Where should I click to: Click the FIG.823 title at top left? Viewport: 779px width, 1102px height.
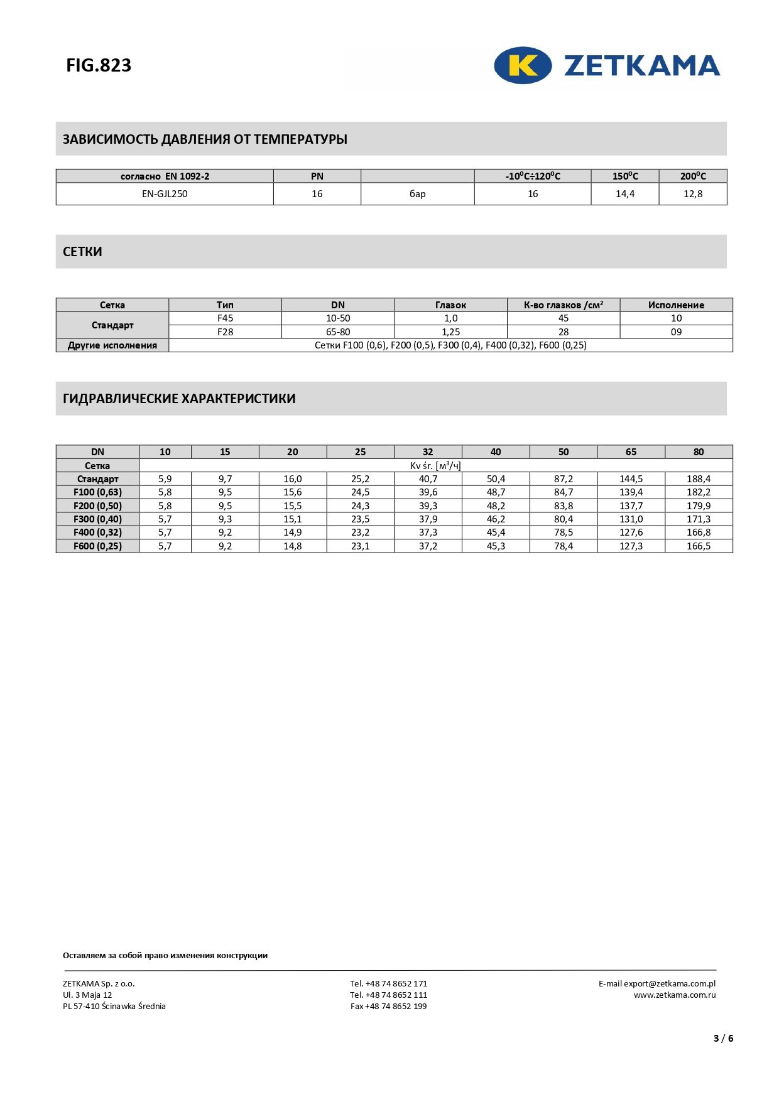click(99, 65)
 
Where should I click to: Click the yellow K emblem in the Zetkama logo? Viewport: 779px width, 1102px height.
click(523, 65)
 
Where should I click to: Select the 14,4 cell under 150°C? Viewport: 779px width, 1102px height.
click(624, 194)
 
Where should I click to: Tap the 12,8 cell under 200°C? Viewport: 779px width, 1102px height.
click(692, 194)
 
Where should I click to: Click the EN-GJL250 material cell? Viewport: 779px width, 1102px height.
click(165, 194)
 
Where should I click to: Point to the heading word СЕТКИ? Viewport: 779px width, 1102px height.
click(82, 252)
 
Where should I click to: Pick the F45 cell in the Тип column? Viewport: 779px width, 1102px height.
click(225, 318)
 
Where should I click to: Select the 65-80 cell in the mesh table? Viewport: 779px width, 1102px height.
click(338, 332)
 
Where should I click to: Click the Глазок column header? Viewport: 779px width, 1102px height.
click(450, 305)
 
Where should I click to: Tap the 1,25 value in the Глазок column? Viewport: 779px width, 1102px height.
click(450, 332)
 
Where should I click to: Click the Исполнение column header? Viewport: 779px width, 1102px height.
click(676, 305)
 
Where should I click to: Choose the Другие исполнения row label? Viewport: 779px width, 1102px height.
click(112, 345)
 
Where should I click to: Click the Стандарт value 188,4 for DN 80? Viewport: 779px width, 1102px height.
click(699, 479)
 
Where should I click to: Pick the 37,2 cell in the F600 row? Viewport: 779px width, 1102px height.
click(428, 546)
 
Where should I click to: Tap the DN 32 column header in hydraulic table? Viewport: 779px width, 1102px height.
click(428, 452)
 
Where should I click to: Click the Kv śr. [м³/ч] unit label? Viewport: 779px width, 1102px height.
click(435, 466)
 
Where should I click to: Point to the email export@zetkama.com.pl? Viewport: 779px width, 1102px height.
click(669, 984)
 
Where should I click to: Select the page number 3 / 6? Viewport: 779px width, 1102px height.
click(723, 1039)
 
